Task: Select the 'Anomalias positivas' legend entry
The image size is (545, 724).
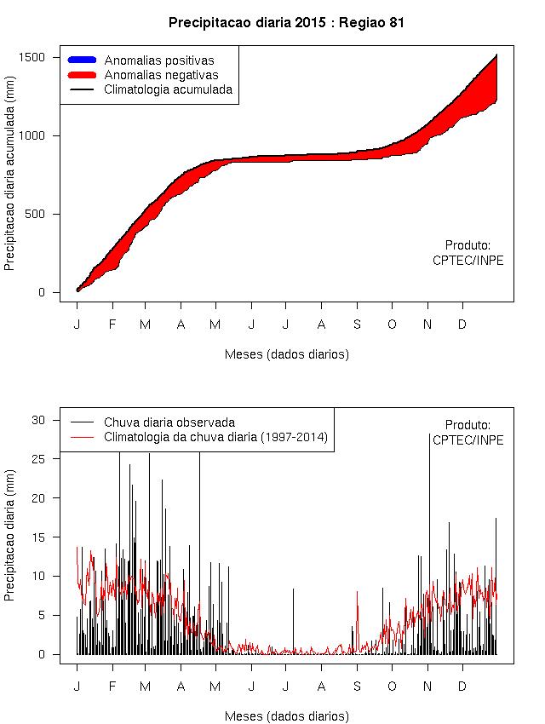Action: [158, 60]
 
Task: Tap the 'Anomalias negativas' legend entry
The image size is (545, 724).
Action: [161, 75]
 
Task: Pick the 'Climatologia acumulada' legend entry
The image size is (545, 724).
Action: [168, 89]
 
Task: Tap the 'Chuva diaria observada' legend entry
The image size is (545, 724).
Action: [169, 422]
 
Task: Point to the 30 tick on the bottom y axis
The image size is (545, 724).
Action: [50, 419]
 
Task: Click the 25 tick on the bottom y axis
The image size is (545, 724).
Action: [50, 458]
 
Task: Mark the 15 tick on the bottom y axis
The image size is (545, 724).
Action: [50, 537]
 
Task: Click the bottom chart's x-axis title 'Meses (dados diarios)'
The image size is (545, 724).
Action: [287, 716]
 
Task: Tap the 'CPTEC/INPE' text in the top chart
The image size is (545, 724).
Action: [468, 261]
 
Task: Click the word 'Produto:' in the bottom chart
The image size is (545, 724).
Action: [468, 425]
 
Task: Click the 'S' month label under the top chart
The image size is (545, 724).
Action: [357, 325]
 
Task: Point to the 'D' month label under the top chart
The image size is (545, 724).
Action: [462, 325]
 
